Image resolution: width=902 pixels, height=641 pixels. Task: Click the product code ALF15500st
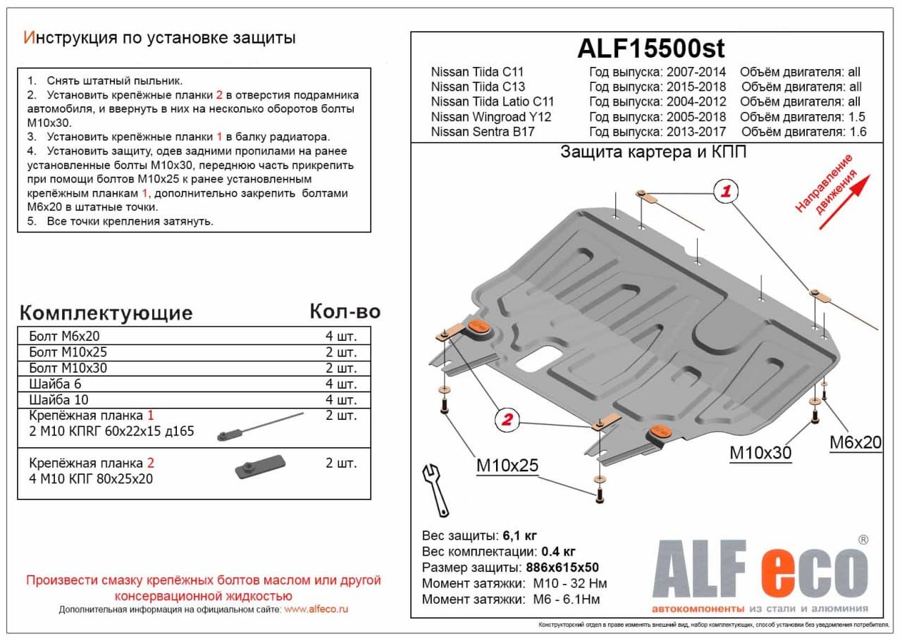(x=650, y=48)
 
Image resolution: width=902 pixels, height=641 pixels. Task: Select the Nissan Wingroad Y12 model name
(x=490, y=117)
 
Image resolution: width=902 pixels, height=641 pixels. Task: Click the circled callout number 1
(x=724, y=191)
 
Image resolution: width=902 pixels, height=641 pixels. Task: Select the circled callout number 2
(x=506, y=421)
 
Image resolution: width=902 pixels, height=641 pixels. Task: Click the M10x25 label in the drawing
(x=507, y=465)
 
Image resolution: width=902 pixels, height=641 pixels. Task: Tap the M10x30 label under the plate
(x=760, y=453)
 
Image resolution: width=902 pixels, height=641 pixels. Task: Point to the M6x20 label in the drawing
(x=855, y=442)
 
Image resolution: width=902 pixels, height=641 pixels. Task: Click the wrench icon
(x=435, y=487)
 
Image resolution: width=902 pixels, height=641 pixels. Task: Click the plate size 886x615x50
(x=562, y=568)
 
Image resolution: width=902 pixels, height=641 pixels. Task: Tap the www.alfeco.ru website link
(x=316, y=609)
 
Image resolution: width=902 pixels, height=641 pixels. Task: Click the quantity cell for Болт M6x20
(x=341, y=335)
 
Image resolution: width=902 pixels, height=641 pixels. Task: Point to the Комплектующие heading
(x=106, y=313)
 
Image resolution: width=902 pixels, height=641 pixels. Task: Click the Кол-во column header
(x=345, y=311)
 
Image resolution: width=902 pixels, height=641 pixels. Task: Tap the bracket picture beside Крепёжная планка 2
(x=259, y=468)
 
